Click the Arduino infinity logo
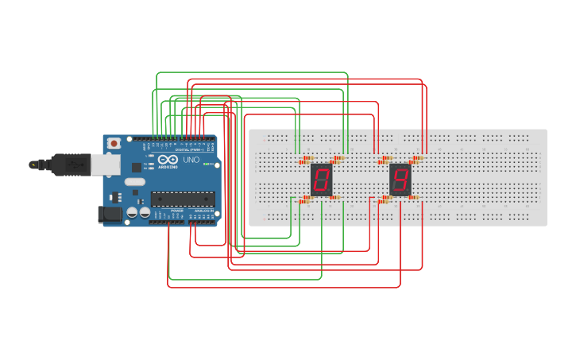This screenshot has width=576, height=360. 168,159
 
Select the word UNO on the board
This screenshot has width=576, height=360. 191,160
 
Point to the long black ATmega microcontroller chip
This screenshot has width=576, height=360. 182,199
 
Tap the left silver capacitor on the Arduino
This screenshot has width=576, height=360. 132,213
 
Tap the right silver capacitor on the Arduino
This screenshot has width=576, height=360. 145,213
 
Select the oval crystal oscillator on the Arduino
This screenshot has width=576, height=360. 135,182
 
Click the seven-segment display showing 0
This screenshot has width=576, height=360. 321,180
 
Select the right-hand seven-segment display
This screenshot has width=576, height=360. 400,180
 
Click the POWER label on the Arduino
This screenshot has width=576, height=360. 176,211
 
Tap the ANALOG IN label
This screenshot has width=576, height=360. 203,211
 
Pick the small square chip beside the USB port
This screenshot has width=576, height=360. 136,168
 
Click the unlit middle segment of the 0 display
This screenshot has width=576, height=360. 321,180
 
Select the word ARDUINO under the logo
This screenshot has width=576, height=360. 168,167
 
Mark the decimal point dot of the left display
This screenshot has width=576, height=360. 330,192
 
